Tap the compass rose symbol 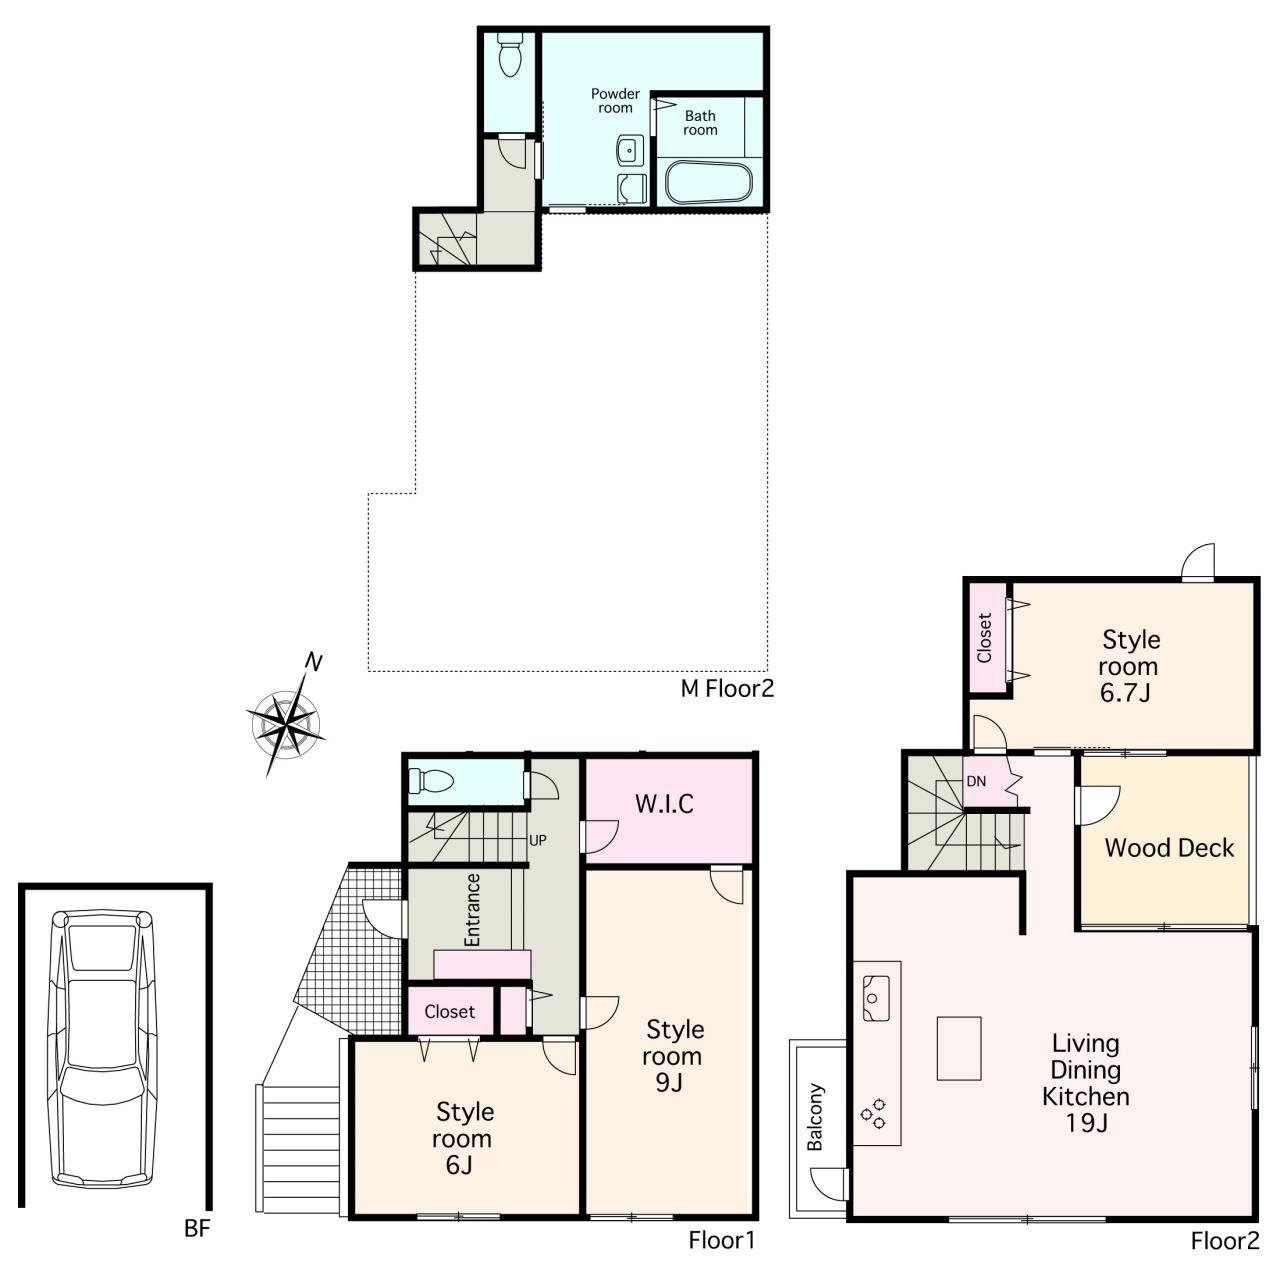[287, 724]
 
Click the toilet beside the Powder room [509, 60]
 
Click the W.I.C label [664, 804]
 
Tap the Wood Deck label [1168, 848]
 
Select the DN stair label [976, 782]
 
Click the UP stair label [537, 840]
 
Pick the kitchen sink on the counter [875, 998]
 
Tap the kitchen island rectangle [959, 1048]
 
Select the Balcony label [815, 1117]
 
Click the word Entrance [472, 910]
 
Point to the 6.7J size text [1125, 693]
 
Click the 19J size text [1086, 1123]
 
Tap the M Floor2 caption [727, 688]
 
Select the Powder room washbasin [629, 150]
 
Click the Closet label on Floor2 [984, 638]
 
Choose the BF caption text [197, 1228]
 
